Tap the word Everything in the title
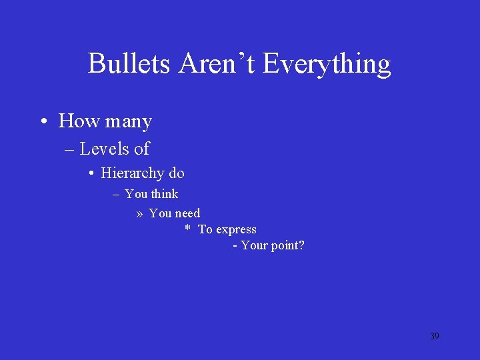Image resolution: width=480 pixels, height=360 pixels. (x=327, y=64)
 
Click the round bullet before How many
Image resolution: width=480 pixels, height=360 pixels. (x=42, y=122)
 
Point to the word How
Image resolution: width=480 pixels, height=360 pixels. (x=79, y=121)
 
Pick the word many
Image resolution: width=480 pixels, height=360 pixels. (x=128, y=122)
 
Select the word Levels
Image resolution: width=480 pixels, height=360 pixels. (x=104, y=149)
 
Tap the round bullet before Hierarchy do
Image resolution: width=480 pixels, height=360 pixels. (x=90, y=174)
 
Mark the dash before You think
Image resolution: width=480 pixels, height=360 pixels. (x=116, y=195)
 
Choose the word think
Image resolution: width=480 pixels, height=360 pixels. (x=165, y=194)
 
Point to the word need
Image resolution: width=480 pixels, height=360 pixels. (x=187, y=213)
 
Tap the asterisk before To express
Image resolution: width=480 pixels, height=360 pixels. (x=188, y=229)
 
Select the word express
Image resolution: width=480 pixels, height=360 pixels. (x=236, y=230)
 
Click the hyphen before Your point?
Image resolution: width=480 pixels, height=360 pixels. (x=235, y=246)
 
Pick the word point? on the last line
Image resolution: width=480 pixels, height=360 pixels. (x=288, y=246)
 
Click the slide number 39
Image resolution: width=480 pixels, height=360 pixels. (x=434, y=337)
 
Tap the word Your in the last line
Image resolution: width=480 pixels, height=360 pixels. (x=254, y=245)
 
